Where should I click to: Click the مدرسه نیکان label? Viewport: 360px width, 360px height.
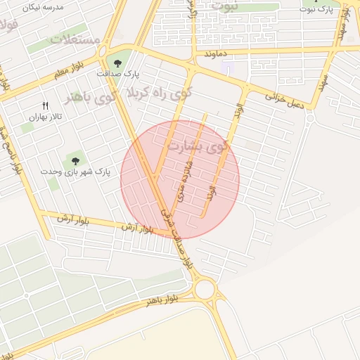pyautogui.click(x=43, y=6)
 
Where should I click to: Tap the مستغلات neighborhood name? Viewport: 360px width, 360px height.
pyautogui.click(x=75, y=39)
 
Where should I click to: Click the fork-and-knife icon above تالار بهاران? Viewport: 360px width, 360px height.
pyautogui.click(x=45, y=105)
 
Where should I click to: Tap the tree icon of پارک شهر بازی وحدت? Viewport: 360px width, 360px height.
pyautogui.click(x=75, y=162)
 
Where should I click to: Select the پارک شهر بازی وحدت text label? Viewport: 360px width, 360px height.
pyautogui.click(x=76, y=172)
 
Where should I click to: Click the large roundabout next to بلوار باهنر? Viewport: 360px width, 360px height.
pyautogui.click(x=205, y=288)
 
